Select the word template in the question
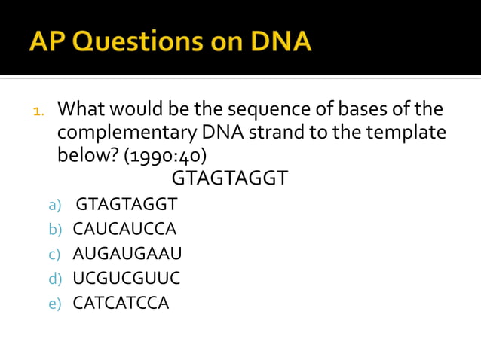[407, 133]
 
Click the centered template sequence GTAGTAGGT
[230, 179]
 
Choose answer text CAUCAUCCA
[124, 229]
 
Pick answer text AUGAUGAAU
[127, 254]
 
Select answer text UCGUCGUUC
[126, 279]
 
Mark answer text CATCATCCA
[121, 304]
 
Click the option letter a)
[54, 205]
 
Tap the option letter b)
[54, 230]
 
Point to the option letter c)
[54, 255]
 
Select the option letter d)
[54, 279]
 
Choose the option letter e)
[54, 304]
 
